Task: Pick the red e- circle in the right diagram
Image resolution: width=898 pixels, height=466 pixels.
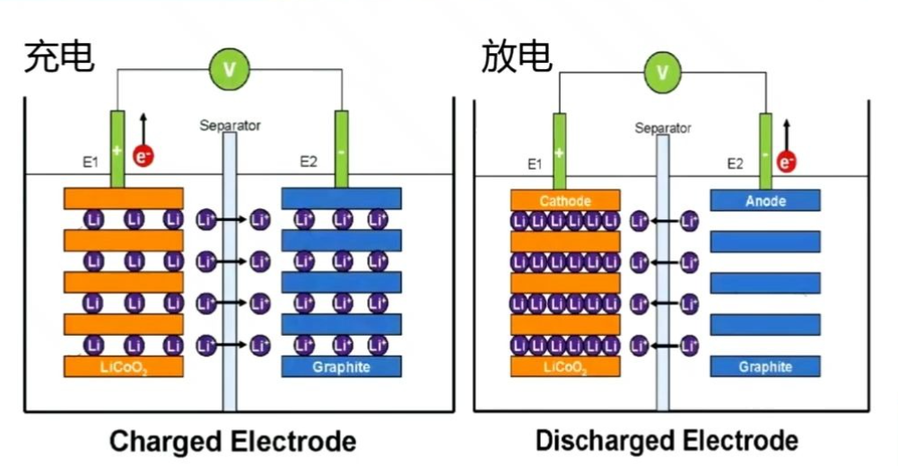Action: tap(787, 162)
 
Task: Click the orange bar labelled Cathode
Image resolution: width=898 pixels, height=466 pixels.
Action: tap(564, 200)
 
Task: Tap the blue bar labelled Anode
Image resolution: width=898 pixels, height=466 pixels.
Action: tap(765, 201)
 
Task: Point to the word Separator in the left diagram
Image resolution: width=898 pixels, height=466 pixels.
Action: tap(230, 126)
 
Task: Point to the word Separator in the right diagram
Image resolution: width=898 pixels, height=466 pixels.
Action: tap(663, 128)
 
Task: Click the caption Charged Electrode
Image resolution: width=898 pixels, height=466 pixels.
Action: tap(232, 442)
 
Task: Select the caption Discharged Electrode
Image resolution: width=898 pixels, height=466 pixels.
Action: tap(667, 441)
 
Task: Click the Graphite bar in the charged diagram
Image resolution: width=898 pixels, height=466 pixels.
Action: tap(341, 367)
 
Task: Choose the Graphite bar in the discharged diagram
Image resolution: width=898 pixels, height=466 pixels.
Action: tap(765, 366)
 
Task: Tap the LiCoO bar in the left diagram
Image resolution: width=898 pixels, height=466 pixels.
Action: tap(123, 367)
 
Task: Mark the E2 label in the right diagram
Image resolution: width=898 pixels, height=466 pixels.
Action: tap(735, 163)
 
